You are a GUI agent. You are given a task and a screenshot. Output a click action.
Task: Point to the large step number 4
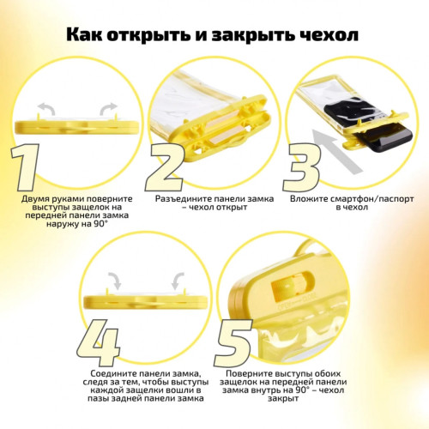pos(98,341)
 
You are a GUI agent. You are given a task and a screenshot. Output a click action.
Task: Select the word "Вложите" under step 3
pos(314,198)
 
